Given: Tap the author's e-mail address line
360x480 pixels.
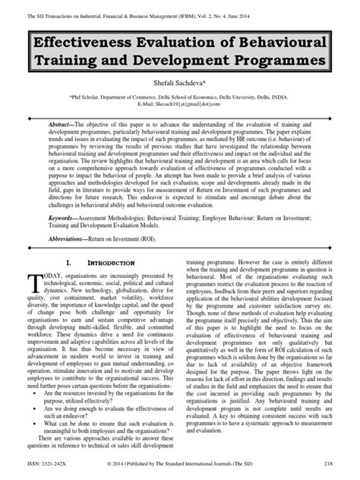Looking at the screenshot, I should [x=180, y=106].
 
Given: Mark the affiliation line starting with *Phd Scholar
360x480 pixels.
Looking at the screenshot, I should [x=180, y=99].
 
